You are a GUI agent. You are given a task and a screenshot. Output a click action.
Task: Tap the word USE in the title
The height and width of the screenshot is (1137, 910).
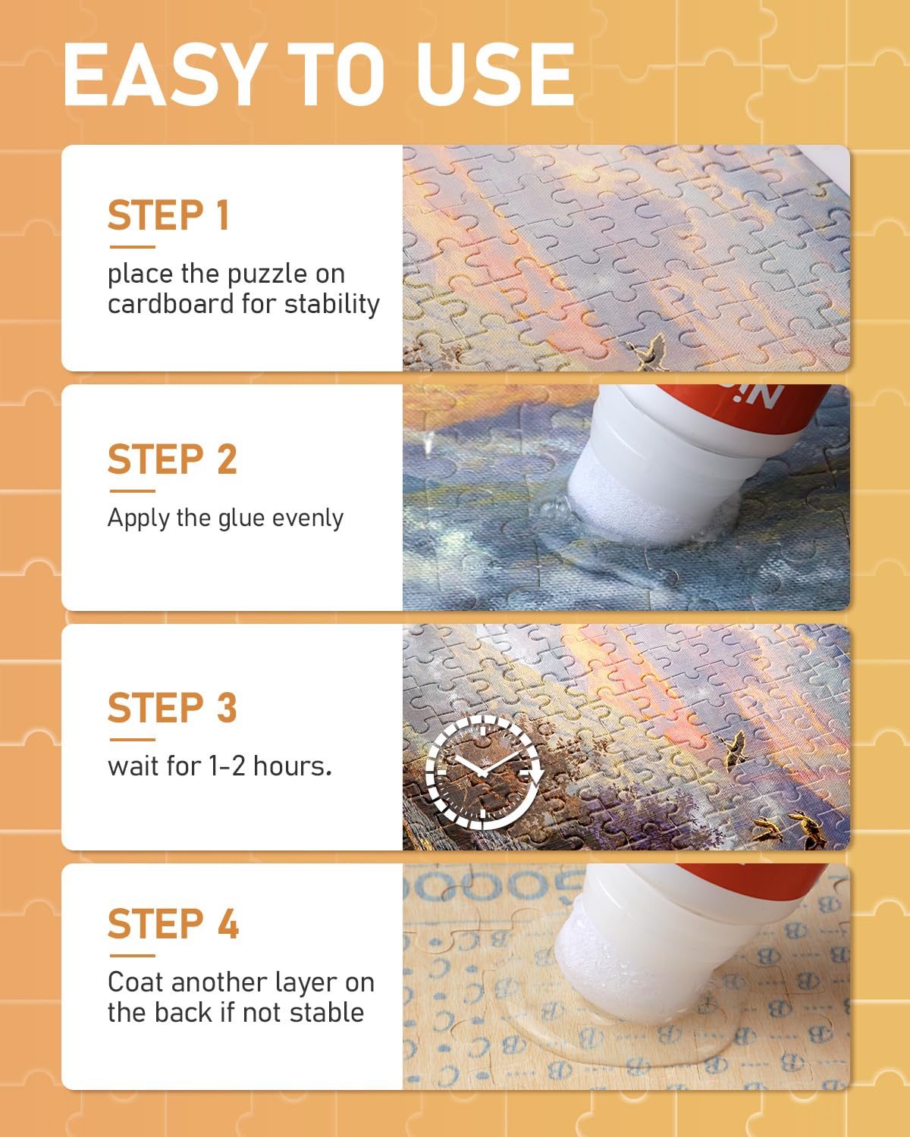click(x=495, y=74)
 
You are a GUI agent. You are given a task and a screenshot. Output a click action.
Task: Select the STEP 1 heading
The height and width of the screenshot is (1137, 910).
click(x=168, y=215)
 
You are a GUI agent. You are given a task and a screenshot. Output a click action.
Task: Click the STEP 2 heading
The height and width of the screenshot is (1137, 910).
click(x=172, y=459)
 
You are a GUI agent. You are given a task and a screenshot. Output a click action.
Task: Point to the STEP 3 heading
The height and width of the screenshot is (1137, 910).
click(x=172, y=707)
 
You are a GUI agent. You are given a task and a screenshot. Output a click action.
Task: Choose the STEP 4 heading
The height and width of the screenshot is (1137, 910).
click(x=173, y=923)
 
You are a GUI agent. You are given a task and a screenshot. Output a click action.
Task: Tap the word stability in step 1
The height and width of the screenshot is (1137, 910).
click(x=332, y=305)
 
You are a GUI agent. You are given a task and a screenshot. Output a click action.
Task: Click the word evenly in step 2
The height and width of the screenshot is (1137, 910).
click(x=308, y=518)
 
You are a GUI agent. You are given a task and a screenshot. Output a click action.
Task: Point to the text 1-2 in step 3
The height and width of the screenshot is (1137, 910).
click(x=227, y=766)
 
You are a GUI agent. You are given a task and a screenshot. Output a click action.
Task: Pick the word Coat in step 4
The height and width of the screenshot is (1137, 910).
click(x=136, y=982)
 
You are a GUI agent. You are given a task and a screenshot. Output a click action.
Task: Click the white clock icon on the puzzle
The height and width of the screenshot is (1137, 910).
click(x=484, y=772)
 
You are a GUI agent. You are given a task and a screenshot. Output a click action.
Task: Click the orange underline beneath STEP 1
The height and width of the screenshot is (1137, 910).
click(x=132, y=247)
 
